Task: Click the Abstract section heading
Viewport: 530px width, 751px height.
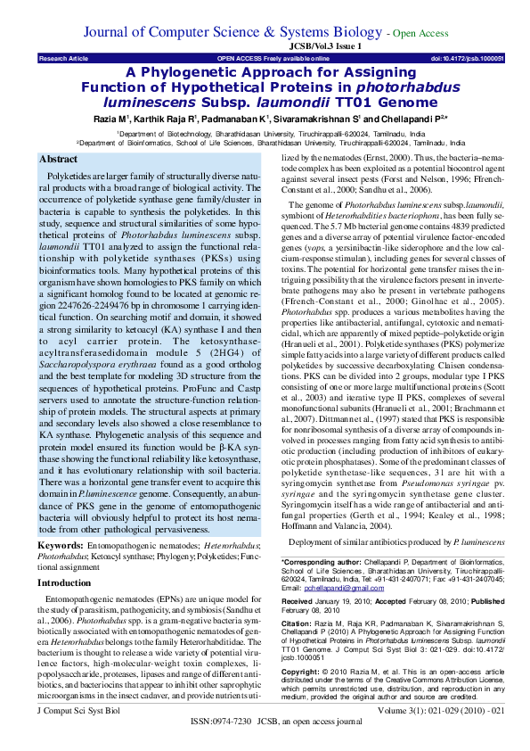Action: (x=59, y=158)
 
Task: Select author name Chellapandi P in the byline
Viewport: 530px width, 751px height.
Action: (x=402, y=118)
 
